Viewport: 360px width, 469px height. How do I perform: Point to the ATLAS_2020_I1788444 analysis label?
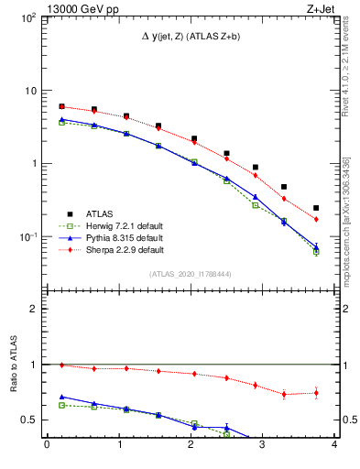click(191, 274)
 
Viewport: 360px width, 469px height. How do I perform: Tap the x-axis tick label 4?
click(334, 446)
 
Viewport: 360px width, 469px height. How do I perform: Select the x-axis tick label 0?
click(47, 446)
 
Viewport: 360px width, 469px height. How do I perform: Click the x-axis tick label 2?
click(191, 446)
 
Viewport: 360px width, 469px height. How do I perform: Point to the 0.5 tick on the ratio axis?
click(29, 420)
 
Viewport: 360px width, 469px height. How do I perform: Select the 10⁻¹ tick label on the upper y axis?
click(27, 236)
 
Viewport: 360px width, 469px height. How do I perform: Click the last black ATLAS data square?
click(316, 208)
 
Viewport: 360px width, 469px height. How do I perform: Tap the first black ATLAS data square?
click(61, 106)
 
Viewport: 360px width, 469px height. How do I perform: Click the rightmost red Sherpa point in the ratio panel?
click(316, 393)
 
